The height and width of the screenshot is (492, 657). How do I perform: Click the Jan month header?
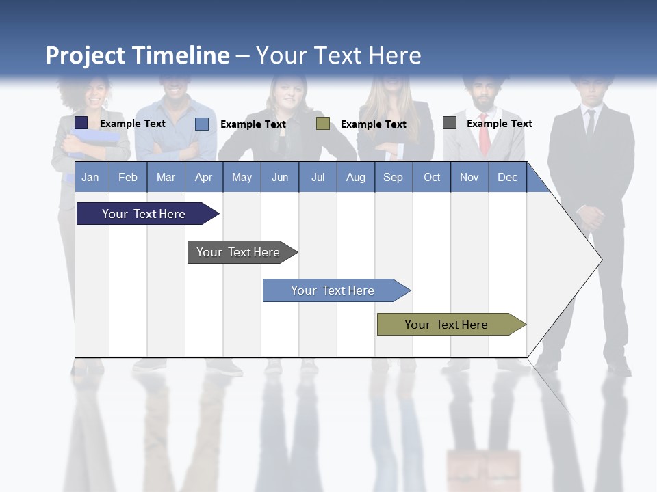(90, 177)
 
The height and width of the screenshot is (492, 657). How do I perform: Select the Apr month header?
(203, 177)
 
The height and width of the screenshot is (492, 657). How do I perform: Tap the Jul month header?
(318, 177)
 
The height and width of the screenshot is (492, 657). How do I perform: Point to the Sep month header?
(393, 177)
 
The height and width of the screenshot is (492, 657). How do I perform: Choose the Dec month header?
(507, 177)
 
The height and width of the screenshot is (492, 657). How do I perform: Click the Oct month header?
(432, 177)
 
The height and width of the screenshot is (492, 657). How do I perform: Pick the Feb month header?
(128, 177)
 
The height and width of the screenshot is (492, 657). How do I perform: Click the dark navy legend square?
(81, 123)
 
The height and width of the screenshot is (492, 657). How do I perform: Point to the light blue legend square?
(202, 124)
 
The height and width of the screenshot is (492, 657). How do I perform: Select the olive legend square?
(323, 124)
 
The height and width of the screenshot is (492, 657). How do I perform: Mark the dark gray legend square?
(450, 123)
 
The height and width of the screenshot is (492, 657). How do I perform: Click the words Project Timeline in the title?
(138, 55)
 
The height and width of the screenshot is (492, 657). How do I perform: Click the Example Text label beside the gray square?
(499, 124)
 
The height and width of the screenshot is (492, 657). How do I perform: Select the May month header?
(242, 177)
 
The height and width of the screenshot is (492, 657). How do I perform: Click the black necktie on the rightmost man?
(590, 124)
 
